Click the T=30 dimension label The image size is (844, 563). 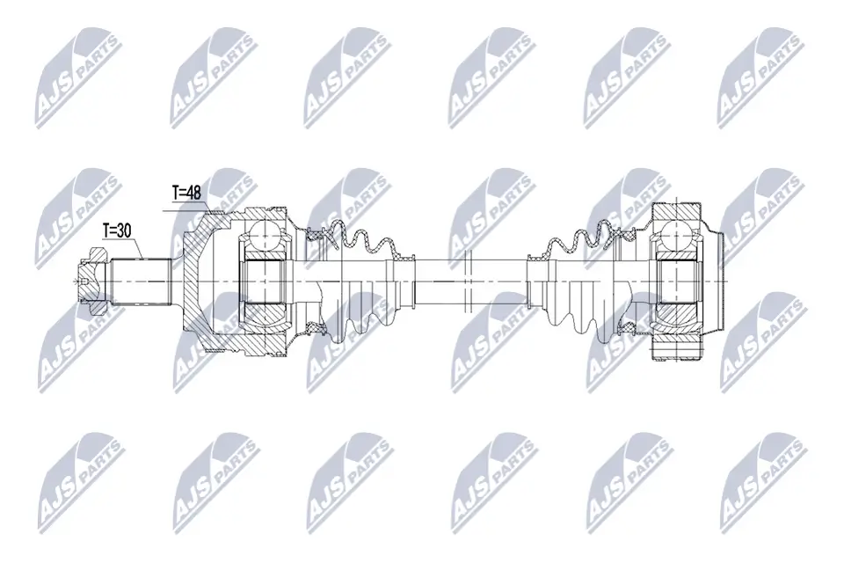pos(117,230)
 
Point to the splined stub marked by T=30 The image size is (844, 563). pos(141,280)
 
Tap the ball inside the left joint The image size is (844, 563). pos(265,236)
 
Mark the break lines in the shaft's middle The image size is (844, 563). pos(466,280)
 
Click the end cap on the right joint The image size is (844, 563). pos(714,280)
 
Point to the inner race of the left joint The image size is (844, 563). pos(265,280)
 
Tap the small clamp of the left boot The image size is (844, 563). pos(404,255)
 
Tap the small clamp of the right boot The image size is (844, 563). pos(534,255)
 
